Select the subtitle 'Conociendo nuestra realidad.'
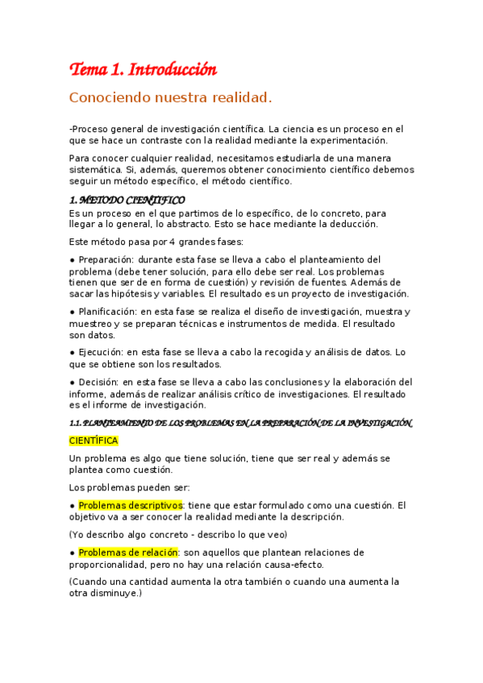pyautogui.click(x=170, y=98)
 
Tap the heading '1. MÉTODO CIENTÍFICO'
pyautogui.click(x=127, y=200)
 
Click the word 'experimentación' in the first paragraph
pyautogui.click(x=319, y=139)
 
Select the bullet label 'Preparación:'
pyautogui.click(x=106, y=259)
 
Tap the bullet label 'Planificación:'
pyautogui.click(x=108, y=312)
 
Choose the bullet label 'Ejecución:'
pyautogui.click(x=99, y=352)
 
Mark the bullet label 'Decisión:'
pyautogui.click(x=97, y=382)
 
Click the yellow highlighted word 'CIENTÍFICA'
pyautogui.click(x=94, y=441)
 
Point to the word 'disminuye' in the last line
pyautogui.click(x=113, y=593)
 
